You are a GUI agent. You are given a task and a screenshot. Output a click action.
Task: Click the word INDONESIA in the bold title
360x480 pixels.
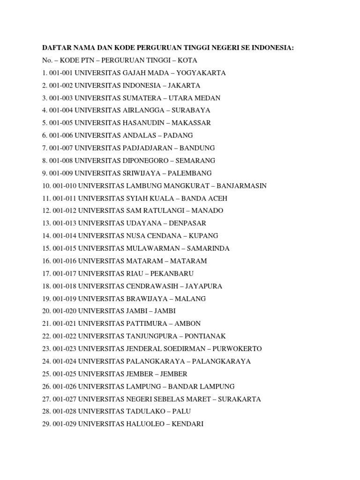click(273, 48)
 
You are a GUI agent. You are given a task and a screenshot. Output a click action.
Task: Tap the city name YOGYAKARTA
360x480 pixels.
click(201, 73)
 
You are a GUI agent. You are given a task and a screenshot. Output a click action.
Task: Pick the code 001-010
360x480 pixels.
click(65, 186)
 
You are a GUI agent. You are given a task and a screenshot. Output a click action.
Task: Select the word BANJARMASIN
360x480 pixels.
click(239, 186)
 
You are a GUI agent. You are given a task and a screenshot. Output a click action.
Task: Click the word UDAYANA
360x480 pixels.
click(141, 223)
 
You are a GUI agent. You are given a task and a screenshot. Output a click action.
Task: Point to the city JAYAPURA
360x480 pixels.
click(204, 286)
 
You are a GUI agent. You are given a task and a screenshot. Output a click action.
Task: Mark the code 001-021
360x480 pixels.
click(65, 323)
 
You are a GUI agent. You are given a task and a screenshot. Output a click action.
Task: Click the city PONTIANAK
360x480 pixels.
click(205, 336)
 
